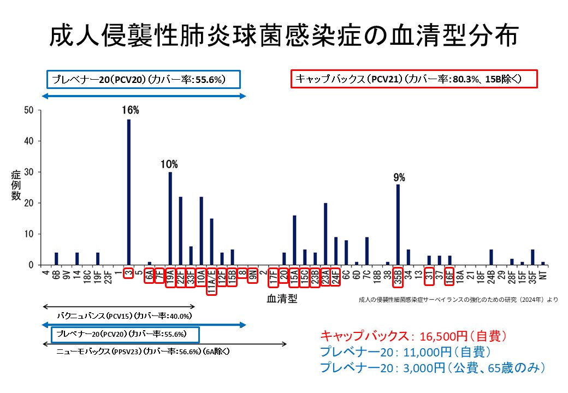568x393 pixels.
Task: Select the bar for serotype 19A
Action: point(170,219)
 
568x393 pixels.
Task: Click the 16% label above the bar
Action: point(131,110)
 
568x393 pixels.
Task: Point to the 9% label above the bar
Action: point(399,177)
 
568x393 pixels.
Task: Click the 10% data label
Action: point(169,164)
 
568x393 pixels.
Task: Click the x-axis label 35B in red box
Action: point(398,277)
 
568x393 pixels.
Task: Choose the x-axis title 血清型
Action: point(282,299)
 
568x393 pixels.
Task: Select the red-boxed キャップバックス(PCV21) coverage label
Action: point(415,79)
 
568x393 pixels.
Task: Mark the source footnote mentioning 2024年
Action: point(458,300)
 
